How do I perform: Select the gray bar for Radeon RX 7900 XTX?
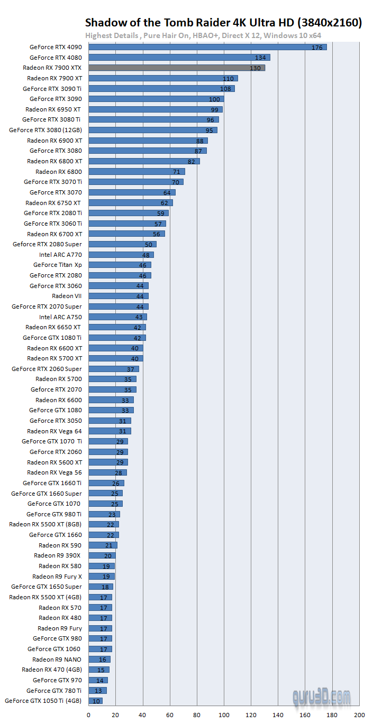point(176,68)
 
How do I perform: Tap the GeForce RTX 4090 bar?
point(207,47)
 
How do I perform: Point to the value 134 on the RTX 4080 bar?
point(260,58)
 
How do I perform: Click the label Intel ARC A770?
point(60,255)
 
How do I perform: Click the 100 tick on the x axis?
point(224,715)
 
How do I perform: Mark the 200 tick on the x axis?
point(359,715)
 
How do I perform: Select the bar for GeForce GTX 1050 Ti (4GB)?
point(95,701)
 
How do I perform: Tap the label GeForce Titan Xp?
point(58,265)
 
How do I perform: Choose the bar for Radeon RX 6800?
point(137,172)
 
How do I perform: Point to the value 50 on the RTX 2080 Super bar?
point(148,245)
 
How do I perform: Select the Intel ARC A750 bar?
point(117,317)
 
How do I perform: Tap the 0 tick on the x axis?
point(88,715)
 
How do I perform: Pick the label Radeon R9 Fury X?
point(57,577)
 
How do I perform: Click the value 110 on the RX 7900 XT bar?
point(228,79)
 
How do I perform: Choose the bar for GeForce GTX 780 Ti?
point(97,691)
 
